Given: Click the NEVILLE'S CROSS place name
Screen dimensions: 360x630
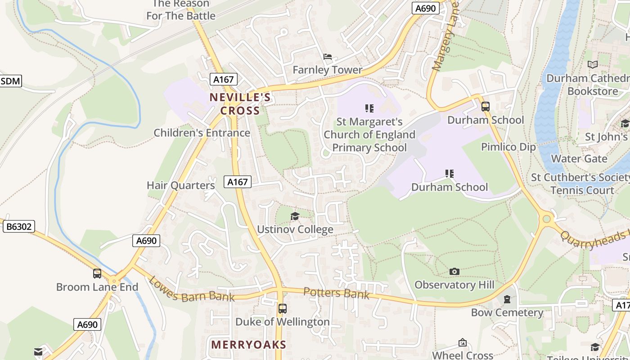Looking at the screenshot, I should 240,104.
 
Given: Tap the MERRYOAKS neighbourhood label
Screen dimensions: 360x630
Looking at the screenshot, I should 248,345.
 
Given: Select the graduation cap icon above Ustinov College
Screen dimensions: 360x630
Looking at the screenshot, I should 295,216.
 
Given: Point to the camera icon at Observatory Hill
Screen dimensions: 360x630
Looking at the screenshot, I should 454,271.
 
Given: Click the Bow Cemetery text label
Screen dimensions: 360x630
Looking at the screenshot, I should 507,312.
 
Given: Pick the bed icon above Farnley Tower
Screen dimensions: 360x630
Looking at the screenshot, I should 328,57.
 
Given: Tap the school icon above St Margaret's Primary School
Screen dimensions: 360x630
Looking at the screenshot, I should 369,108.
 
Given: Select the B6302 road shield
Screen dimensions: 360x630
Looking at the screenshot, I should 18,226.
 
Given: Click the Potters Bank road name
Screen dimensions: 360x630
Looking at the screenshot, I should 337,293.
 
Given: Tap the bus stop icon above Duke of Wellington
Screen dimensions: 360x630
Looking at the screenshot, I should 283,309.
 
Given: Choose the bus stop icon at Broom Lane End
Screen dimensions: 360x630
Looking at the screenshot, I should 97,273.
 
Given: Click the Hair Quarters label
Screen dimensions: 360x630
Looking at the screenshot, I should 181,185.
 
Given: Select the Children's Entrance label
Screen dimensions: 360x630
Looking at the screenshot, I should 202,133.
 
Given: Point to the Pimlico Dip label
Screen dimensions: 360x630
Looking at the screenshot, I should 508,147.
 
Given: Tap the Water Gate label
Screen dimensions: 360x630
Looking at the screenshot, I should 579,159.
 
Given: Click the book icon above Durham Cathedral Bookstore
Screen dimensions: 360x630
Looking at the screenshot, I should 593,65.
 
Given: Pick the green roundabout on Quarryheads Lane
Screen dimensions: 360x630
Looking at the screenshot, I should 547,219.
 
